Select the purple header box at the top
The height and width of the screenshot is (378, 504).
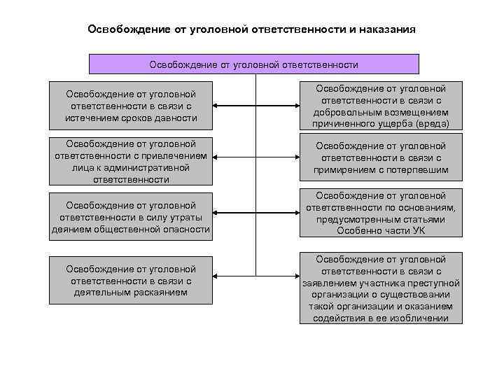point(253,64)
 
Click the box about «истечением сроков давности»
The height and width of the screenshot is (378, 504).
point(131,106)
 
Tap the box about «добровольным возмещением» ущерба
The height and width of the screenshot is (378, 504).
point(381,106)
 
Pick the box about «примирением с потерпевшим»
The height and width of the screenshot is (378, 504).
point(381,157)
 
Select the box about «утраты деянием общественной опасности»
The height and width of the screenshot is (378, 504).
point(131,218)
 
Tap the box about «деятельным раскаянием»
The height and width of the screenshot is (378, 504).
point(131,281)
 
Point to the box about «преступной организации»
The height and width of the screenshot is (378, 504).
point(381,288)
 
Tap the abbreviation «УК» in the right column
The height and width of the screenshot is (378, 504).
point(417,231)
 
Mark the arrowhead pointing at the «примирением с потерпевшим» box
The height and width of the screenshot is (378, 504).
point(295,158)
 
